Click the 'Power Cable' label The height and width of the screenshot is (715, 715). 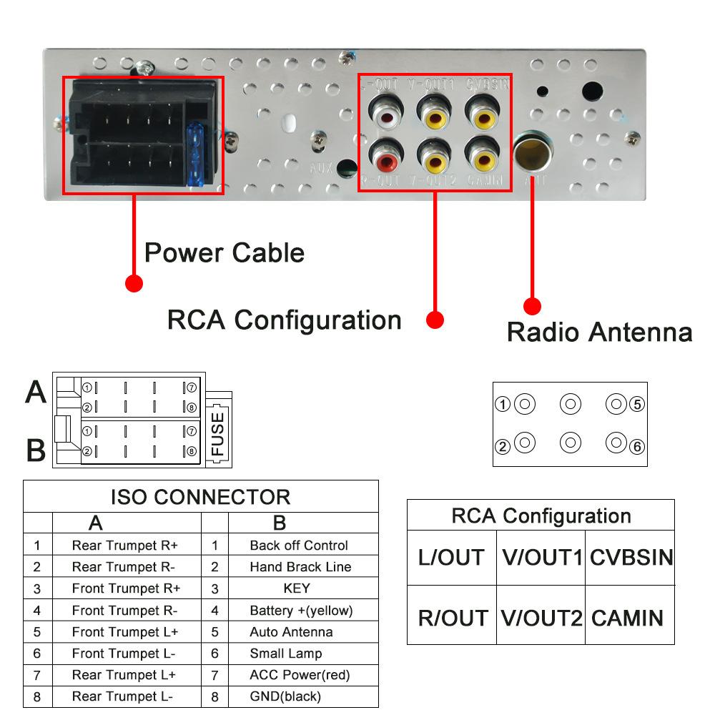[x=224, y=253]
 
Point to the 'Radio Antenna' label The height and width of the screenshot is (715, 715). [x=599, y=332]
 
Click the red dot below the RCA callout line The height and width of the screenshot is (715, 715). [x=435, y=320]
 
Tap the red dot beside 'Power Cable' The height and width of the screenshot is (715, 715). [x=134, y=283]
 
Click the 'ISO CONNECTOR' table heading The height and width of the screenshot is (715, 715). [x=200, y=497]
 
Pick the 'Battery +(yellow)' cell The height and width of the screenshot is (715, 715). [x=301, y=611]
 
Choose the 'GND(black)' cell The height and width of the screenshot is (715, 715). [x=285, y=696]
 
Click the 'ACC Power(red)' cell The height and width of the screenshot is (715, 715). [x=300, y=675]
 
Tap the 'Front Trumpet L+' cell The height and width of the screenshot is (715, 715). [x=125, y=632]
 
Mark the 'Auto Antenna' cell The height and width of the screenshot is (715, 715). [x=291, y=632]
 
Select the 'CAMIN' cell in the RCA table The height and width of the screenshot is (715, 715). [x=628, y=618]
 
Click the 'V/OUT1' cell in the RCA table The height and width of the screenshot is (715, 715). [x=541, y=558]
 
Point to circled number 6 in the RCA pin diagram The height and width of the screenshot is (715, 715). [x=637, y=447]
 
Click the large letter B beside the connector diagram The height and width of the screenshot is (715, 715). [x=36, y=450]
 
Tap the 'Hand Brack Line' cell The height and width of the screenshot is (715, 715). [x=300, y=567]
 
